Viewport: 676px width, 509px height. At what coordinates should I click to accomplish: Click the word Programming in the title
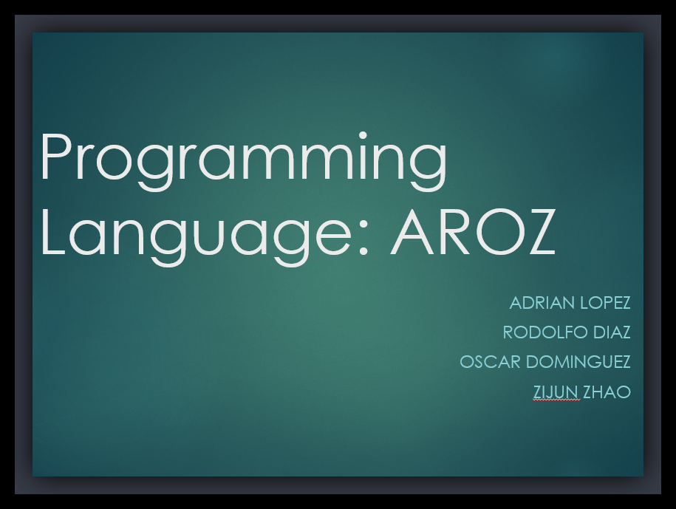click(x=244, y=161)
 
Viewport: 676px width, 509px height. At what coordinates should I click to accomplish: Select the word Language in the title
click(x=197, y=237)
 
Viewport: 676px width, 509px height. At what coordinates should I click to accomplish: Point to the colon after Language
click(x=363, y=239)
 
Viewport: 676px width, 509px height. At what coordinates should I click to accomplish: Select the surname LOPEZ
click(x=605, y=303)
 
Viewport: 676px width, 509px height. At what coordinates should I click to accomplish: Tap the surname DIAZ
click(x=612, y=332)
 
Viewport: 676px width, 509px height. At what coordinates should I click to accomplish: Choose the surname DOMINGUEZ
click(x=578, y=361)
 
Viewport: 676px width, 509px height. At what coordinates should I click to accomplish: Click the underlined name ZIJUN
click(x=556, y=392)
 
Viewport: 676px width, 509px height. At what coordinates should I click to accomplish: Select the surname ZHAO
click(x=607, y=392)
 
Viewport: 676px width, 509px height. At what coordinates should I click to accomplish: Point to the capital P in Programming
click(x=55, y=157)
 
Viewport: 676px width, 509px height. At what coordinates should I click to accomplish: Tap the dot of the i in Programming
click(x=363, y=136)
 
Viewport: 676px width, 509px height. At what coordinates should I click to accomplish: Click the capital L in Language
click(x=53, y=233)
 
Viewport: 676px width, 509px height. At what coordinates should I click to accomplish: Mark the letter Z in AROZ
click(x=539, y=233)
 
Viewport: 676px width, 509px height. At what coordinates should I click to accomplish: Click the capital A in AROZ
click(x=412, y=233)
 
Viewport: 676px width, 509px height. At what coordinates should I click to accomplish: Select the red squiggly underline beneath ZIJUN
click(x=556, y=400)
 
